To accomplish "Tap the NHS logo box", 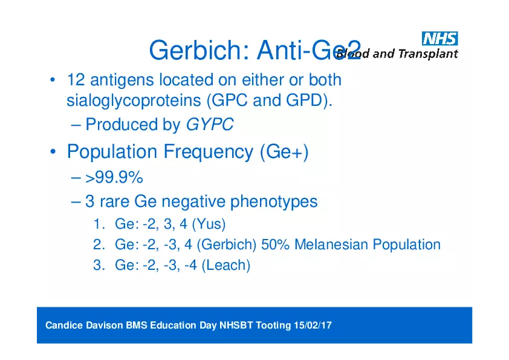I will (440, 39).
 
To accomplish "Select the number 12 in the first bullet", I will (76, 80).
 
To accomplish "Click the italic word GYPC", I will (209, 125).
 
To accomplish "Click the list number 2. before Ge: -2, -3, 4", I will (99, 244).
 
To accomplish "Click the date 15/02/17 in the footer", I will (313, 326).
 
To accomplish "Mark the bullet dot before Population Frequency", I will (54, 152).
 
